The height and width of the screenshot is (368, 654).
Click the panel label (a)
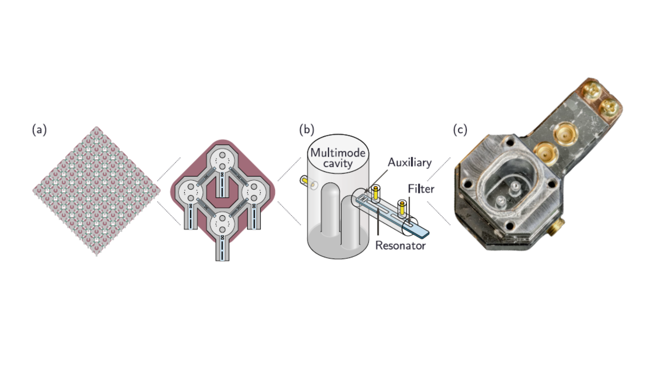click(39, 130)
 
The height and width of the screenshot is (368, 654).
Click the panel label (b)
click(307, 130)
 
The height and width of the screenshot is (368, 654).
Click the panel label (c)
click(460, 130)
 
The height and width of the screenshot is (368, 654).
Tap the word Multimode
click(338, 153)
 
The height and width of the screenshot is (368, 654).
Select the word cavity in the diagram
click(338, 164)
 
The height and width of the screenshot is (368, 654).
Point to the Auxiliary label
click(410, 163)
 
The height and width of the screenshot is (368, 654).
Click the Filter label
click(421, 189)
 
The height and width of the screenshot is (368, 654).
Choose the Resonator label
click(401, 245)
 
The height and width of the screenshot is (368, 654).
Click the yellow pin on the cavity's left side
click(305, 181)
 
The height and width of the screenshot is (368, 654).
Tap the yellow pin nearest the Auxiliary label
click(376, 193)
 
